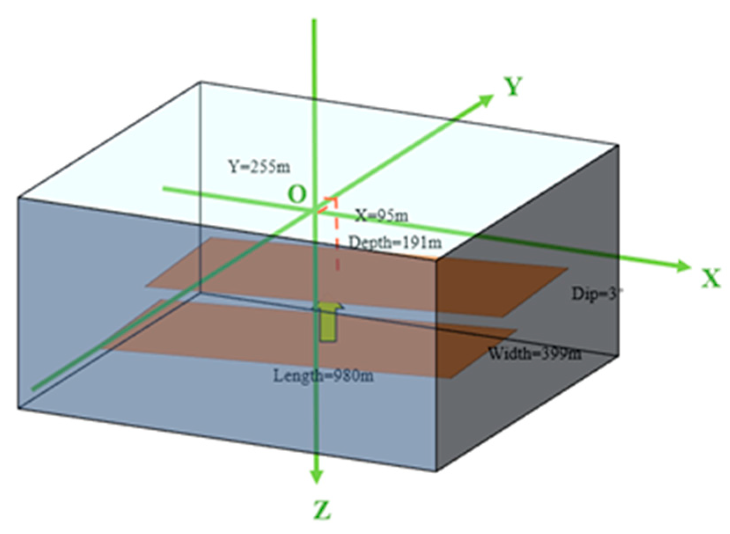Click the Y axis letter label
[x=513, y=87]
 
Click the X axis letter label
[x=710, y=278]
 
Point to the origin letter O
[x=297, y=194]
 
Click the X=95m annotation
[x=382, y=216]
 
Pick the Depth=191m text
[x=395, y=242]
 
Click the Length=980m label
[x=323, y=376]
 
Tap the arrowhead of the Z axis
[x=316, y=476]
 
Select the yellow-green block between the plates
[x=328, y=323]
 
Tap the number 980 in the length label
[x=351, y=376]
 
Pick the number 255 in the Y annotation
[x=263, y=167]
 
